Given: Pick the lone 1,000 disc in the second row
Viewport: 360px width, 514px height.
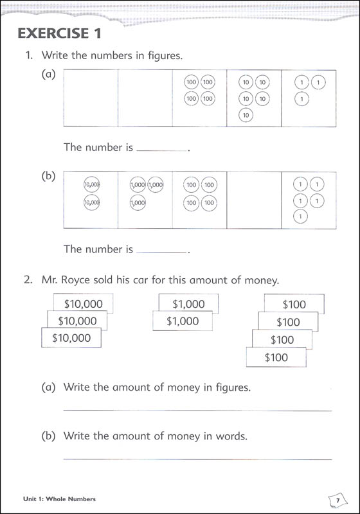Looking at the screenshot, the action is tap(138, 202).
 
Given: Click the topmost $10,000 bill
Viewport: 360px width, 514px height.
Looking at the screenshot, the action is tap(78, 304).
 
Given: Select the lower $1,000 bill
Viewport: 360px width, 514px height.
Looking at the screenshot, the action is tap(183, 321).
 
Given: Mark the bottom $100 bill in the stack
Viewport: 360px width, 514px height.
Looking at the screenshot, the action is tap(276, 357).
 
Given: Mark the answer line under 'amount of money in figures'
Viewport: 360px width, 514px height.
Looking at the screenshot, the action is tap(197, 409).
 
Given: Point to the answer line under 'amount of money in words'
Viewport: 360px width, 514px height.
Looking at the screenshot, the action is tap(197, 458).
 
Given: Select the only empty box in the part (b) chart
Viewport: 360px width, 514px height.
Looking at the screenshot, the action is tap(254, 200).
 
